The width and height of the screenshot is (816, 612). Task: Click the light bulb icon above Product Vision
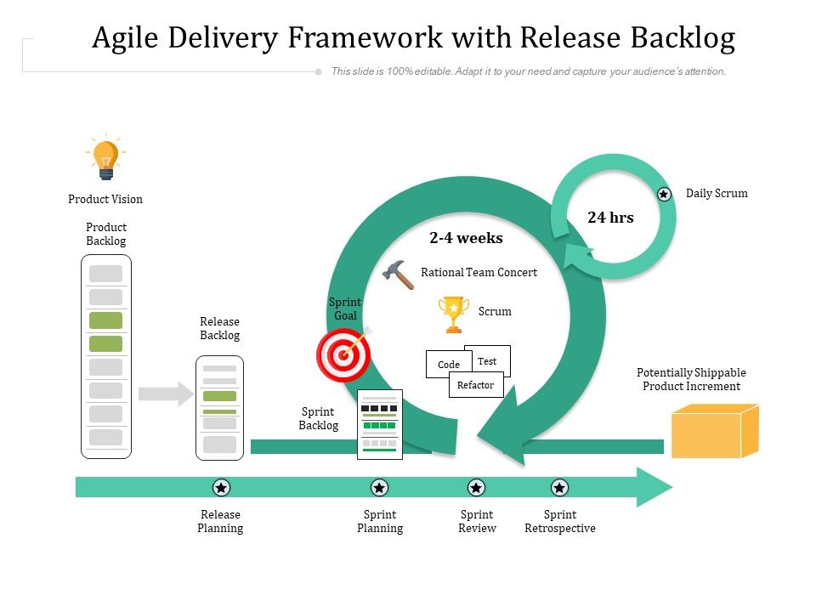pos(105,159)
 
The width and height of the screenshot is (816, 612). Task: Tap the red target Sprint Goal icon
pos(343,355)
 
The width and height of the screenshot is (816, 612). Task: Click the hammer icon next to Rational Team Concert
pos(398,275)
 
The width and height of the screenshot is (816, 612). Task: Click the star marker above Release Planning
pos(221,487)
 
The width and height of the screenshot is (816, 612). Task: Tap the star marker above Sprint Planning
pos(380,487)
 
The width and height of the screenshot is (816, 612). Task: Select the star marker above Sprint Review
pos(477,487)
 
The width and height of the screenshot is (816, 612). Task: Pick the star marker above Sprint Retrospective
pos(559,487)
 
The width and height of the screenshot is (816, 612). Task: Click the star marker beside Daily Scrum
pos(664,195)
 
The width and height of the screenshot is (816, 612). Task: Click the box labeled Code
pos(448,365)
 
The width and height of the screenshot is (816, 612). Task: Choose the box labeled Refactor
pos(476,385)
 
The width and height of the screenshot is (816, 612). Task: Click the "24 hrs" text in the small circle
pos(610,218)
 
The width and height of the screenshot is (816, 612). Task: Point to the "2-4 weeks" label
pos(466,238)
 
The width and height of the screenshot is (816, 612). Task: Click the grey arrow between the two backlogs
pos(166,394)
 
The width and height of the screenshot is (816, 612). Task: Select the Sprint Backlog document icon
pos(380,424)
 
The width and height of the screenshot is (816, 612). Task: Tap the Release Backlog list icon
pos(219,408)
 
